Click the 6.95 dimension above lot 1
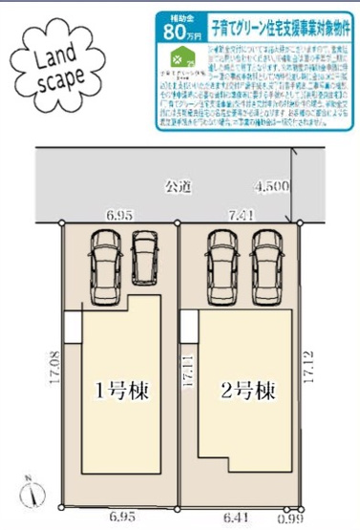click(120, 217)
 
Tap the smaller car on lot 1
click(144, 257)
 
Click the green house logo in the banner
click(174, 58)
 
